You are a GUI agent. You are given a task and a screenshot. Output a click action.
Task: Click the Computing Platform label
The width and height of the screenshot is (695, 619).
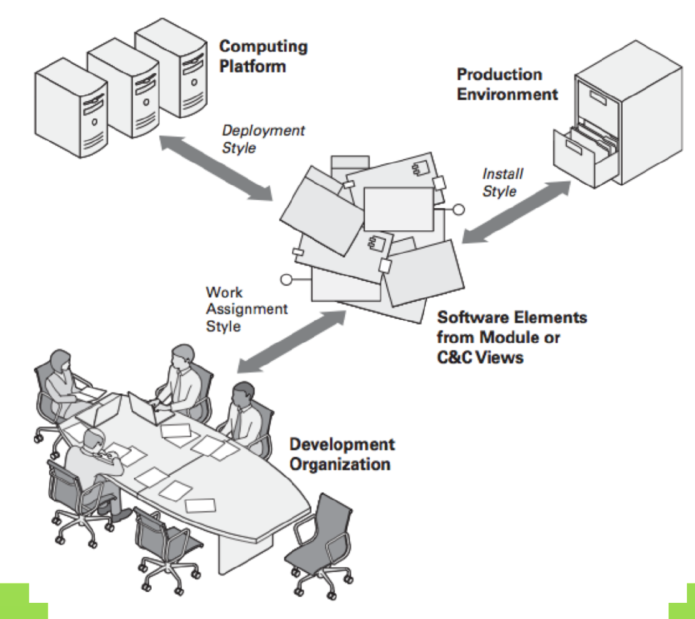tap(263, 55)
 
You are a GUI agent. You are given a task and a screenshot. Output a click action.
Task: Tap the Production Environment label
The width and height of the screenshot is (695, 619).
tap(507, 84)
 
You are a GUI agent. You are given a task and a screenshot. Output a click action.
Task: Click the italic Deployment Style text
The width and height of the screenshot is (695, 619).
tap(263, 139)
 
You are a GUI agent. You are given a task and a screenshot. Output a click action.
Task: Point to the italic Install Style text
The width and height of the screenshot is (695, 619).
tap(503, 182)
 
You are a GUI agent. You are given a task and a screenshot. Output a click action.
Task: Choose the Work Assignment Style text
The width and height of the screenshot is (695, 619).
tap(246, 309)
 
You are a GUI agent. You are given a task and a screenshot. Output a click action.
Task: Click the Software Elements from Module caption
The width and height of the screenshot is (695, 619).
tap(511, 337)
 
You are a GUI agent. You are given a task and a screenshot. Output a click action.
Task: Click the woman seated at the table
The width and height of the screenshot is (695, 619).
tap(62, 380)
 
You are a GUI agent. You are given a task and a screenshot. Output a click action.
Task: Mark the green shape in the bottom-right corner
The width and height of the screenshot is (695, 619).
tap(683, 602)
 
